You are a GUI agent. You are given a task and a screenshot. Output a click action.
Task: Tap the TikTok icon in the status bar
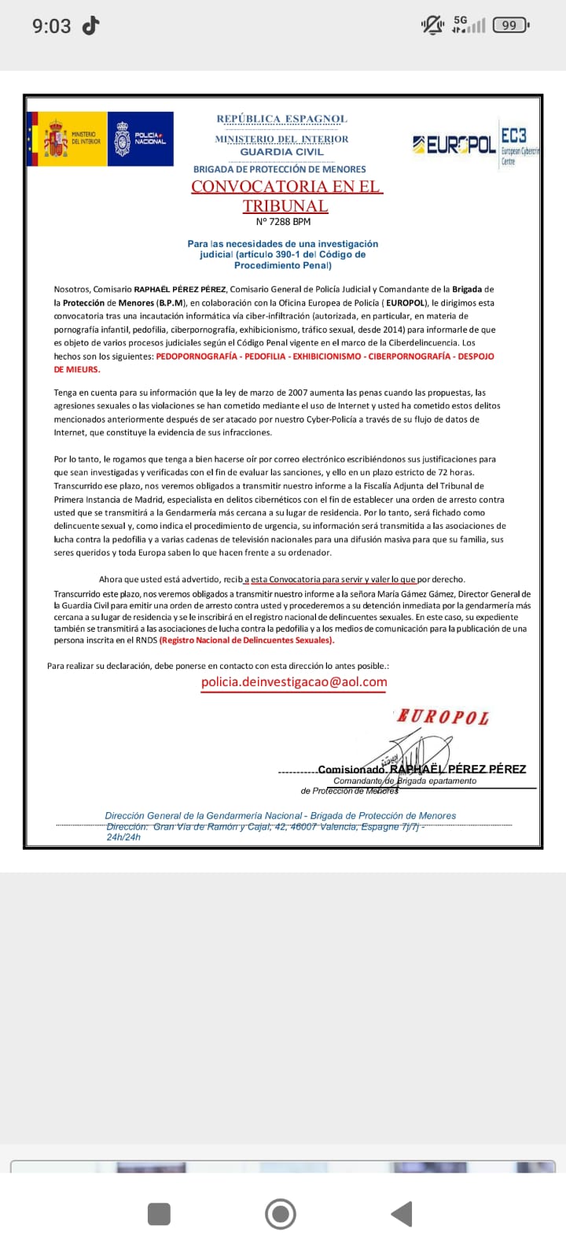91,25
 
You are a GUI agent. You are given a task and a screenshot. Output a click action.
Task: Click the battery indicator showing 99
510,25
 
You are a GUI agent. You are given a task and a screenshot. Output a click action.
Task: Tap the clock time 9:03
51,26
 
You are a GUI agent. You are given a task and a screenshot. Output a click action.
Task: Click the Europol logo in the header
454,145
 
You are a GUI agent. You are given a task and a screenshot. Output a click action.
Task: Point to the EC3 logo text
514,135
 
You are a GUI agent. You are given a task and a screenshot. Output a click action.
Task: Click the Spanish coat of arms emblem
55,139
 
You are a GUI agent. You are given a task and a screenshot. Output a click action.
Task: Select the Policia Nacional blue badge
123,139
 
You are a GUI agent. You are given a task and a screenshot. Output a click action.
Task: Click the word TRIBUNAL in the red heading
285,205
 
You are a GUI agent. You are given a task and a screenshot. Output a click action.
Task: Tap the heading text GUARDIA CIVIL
282,152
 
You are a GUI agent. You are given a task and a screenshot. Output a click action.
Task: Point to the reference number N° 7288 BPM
283,222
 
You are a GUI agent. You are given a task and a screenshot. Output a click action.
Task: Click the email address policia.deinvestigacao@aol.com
294,682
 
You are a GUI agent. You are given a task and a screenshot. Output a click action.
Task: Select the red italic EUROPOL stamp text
443,717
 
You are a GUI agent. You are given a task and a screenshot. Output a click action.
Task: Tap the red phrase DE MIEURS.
76,369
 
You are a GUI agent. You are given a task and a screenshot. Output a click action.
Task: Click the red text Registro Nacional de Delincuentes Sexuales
246,640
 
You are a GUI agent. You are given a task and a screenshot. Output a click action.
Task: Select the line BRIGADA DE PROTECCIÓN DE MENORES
280,169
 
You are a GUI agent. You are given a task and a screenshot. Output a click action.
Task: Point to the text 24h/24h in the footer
123,837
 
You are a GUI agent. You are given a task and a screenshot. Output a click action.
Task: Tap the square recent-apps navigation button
159,1214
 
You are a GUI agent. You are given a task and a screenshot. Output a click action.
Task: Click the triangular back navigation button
402,1214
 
